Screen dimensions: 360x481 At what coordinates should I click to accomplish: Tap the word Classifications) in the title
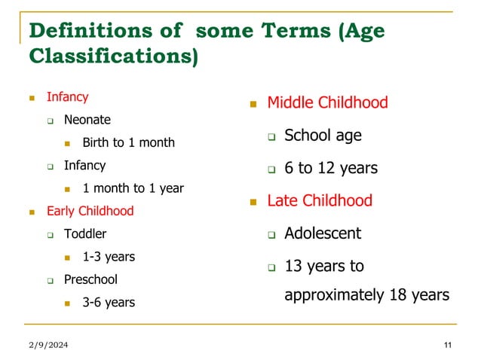click(113, 57)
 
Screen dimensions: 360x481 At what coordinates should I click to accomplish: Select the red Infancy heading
click(67, 97)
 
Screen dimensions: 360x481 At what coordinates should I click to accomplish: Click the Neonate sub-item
click(87, 120)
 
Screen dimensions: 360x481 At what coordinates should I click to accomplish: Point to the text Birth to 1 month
click(128, 142)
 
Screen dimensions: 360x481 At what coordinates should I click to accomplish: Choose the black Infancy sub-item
click(84, 165)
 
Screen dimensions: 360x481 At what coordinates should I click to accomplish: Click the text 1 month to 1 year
click(133, 188)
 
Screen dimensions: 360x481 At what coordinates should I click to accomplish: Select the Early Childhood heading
click(90, 211)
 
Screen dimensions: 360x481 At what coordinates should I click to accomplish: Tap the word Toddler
click(85, 233)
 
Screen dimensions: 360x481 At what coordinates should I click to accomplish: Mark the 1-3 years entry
click(109, 257)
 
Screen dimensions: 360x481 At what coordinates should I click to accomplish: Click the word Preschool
click(90, 279)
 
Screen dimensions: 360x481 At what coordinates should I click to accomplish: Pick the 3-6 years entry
click(109, 303)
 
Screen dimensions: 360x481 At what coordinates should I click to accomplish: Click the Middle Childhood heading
click(327, 102)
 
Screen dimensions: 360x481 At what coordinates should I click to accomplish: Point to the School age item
click(323, 136)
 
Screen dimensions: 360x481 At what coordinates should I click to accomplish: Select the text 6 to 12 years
click(331, 168)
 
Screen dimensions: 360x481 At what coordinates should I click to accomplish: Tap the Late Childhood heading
click(320, 200)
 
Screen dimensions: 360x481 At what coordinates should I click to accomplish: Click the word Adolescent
click(323, 233)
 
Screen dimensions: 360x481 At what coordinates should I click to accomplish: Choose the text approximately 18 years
click(366, 294)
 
